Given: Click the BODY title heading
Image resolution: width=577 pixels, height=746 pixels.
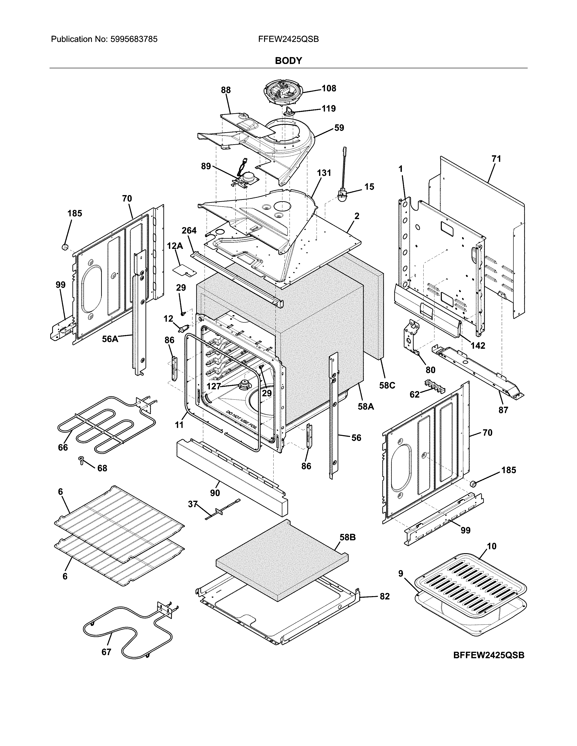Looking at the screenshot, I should (288, 61).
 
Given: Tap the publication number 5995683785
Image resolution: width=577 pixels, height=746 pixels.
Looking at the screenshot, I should (134, 39).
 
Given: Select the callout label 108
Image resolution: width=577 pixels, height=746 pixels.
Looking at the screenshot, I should (329, 88).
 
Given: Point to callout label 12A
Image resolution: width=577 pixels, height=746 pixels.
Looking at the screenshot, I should (175, 246).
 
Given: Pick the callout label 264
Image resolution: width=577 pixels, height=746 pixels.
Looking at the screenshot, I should (189, 231).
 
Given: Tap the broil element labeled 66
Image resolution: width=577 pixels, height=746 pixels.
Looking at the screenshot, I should (103, 424).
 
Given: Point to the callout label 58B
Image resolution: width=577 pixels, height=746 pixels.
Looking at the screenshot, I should (347, 537).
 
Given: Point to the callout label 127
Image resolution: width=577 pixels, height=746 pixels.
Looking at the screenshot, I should (214, 386).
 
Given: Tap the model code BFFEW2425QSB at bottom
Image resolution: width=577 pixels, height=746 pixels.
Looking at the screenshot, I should (489, 655).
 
